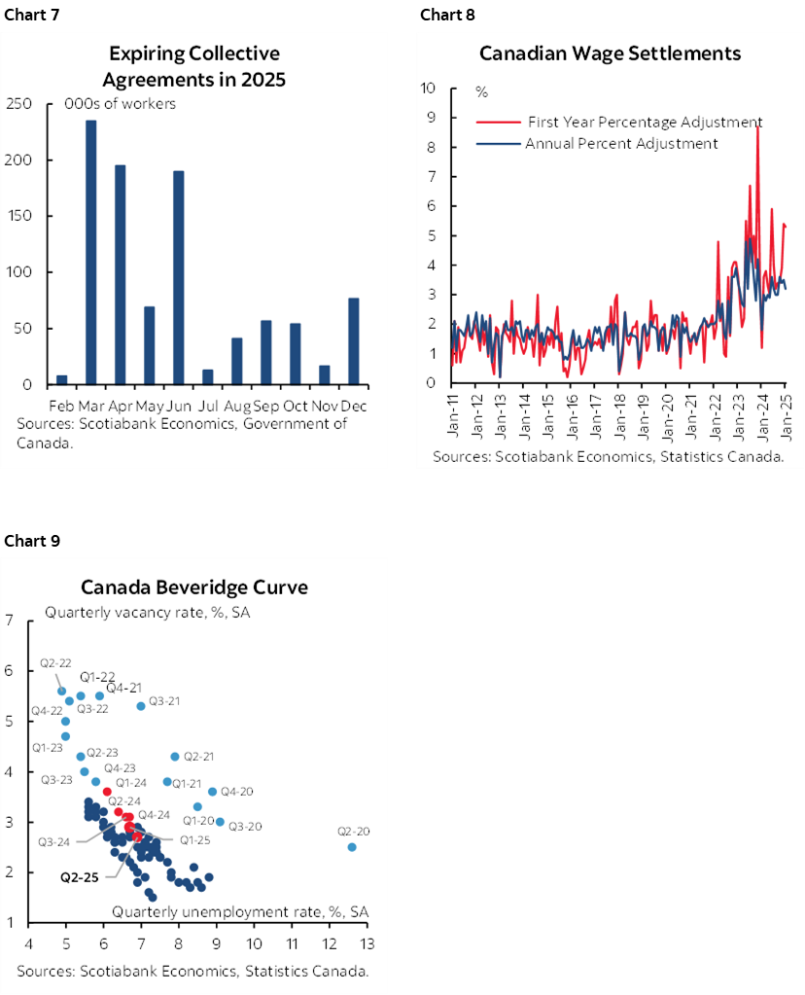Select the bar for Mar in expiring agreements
point(91,252)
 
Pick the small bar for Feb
point(62,379)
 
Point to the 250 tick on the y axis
point(20,104)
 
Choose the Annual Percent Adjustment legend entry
point(620,144)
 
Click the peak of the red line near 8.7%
point(757,127)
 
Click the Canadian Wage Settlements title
point(610,53)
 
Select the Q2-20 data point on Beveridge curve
point(352,847)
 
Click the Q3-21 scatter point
point(141,705)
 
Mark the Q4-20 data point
point(212,792)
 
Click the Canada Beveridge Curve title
point(194,587)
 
